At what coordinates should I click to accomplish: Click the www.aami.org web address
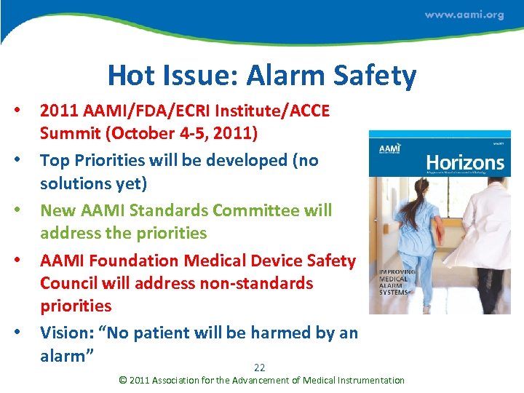[x=464, y=15]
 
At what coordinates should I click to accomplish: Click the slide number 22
[x=260, y=367]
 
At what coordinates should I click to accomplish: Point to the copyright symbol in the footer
[x=122, y=380]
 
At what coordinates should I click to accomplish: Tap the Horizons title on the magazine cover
[x=464, y=162]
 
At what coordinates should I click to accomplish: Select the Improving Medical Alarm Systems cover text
[x=397, y=284]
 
